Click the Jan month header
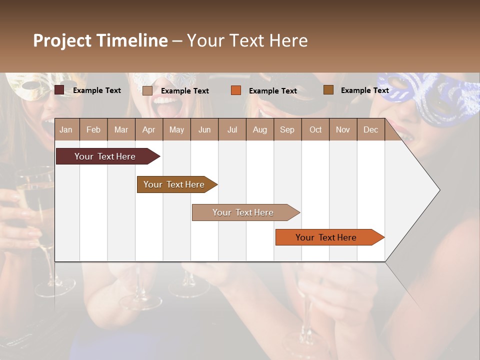(66, 130)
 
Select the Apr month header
(149, 130)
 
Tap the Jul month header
(232, 130)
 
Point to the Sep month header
(287, 130)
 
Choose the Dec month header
(370, 130)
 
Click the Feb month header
(93, 130)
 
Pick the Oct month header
(315, 130)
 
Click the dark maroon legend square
(59, 90)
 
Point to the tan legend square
(147, 90)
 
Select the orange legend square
(236, 90)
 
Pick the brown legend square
(328, 90)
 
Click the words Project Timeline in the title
(100, 40)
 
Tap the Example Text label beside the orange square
(272, 91)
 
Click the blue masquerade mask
(425, 97)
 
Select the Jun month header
(204, 130)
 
